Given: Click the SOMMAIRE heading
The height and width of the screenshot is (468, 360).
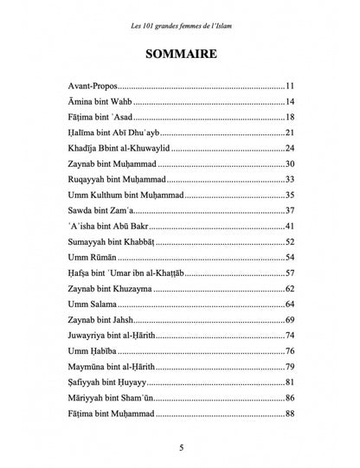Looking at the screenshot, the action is click(180, 53).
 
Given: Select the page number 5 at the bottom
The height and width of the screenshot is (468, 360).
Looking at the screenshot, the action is click(180, 447).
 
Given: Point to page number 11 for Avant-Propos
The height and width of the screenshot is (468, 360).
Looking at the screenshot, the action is click(291, 87).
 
